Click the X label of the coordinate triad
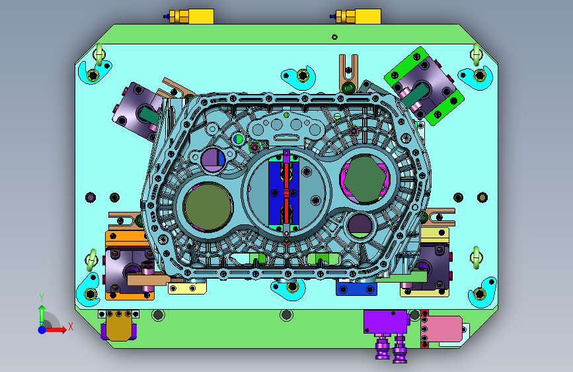[x=71, y=326]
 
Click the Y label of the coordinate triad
[x=42, y=298]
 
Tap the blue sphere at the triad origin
[x=42, y=330]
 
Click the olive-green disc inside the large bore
[x=208, y=206]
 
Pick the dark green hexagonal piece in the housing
[x=365, y=179]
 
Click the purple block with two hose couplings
[x=385, y=322]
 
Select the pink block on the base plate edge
[x=445, y=329]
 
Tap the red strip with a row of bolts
[x=424, y=329]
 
